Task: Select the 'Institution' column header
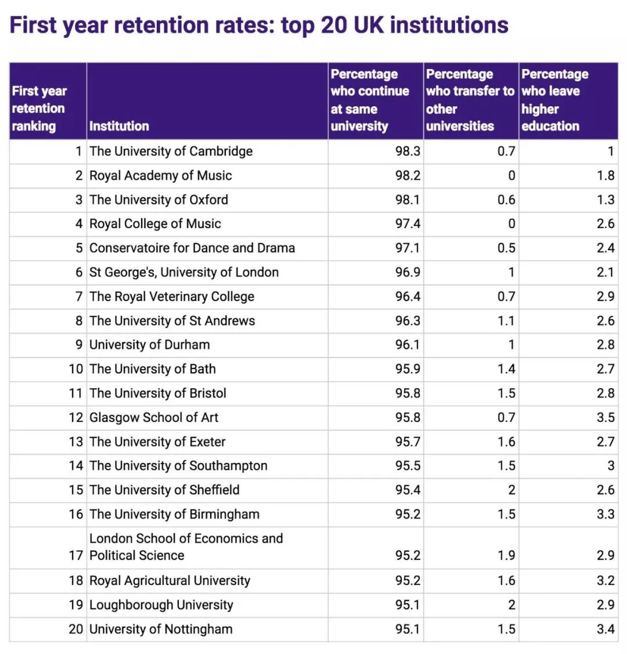[119, 126]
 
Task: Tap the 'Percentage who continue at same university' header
[369, 100]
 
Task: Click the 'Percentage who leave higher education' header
[554, 100]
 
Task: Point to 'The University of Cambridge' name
[171, 151]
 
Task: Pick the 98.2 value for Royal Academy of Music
[408, 176]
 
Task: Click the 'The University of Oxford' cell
[158, 200]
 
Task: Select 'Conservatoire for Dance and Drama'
[192, 248]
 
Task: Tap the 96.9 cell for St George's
[408, 273]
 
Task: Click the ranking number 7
[79, 297]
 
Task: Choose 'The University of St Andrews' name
[172, 321]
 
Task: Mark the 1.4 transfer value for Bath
[506, 369]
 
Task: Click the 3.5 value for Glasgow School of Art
[606, 418]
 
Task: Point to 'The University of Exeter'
[157, 442]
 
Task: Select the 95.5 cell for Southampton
[408, 466]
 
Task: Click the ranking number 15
[76, 490]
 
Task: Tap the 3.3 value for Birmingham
[606, 515]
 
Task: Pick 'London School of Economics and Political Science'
[186, 547]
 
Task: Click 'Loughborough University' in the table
[161, 605]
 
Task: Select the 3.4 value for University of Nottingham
[606, 629]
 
